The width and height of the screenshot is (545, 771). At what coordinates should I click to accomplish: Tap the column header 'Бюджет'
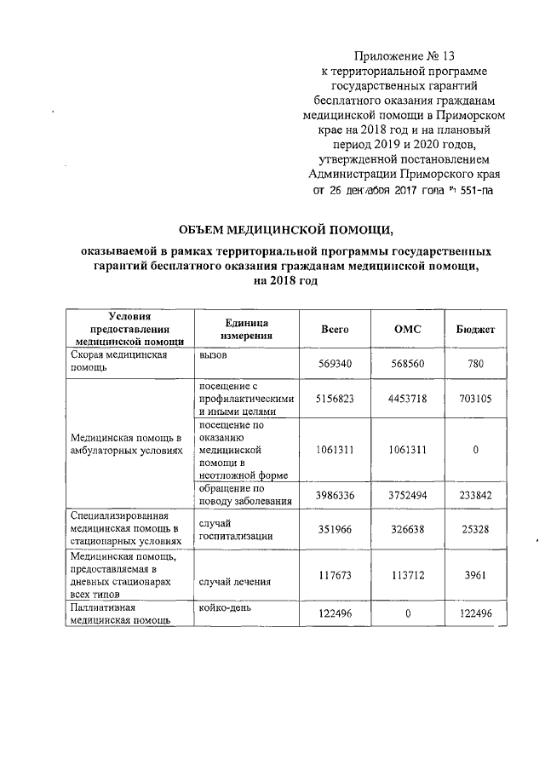click(476, 330)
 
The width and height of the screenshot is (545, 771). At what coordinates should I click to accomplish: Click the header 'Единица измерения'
click(246, 330)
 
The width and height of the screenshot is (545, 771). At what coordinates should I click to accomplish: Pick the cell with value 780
click(476, 364)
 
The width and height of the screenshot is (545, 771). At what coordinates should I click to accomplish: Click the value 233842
click(473, 495)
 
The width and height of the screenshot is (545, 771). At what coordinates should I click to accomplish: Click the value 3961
click(476, 575)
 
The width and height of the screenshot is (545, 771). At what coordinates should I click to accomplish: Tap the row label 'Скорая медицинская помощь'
click(118, 362)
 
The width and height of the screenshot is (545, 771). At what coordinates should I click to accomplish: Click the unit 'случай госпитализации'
click(235, 529)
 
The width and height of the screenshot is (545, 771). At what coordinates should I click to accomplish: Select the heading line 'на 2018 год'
click(280, 281)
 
